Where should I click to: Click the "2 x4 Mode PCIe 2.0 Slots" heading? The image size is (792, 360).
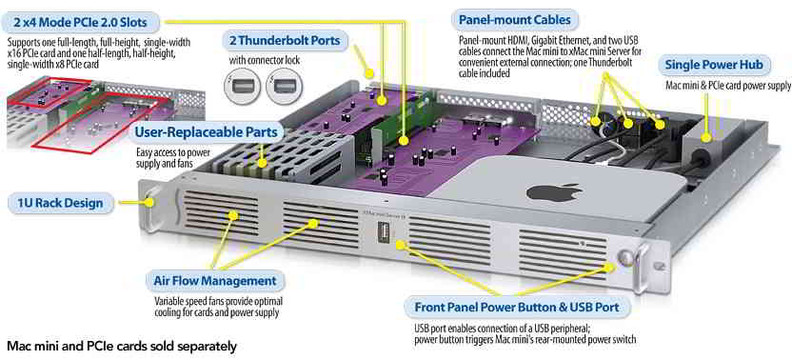pyautogui.click(x=81, y=22)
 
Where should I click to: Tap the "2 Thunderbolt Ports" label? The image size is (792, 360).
pyautogui.click(x=285, y=40)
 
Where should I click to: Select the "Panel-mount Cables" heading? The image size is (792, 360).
pyautogui.click(x=514, y=20)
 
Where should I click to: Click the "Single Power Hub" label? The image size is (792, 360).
pyautogui.click(x=717, y=65)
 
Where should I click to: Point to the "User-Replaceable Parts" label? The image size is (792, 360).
pyautogui.click(x=206, y=132)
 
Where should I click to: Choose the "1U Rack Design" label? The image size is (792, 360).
pyautogui.click(x=60, y=203)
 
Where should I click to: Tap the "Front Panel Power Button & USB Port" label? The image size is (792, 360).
pyautogui.click(x=516, y=308)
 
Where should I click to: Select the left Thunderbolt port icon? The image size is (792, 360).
pyautogui.click(x=242, y=87)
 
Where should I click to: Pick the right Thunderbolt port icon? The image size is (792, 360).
pyautogui.click(x=284, y=87)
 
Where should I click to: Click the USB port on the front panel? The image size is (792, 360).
pyautogui.click(x=383, y=235)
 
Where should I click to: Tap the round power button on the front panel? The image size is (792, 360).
pyautogui.click(x=624, y=256)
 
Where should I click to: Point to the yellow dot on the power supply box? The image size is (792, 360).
pyautogui.click(x=706, y=136)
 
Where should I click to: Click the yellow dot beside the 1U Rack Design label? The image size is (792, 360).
pyautogui.click(x=149, y=203)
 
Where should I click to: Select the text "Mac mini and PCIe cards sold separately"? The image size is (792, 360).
pyautogui.click(x=122, y=347)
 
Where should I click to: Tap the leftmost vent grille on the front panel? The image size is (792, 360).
pyautogui.click(x=220, y=213)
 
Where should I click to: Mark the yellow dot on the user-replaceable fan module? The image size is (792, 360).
pyautogui.click(x=262, y=163)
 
